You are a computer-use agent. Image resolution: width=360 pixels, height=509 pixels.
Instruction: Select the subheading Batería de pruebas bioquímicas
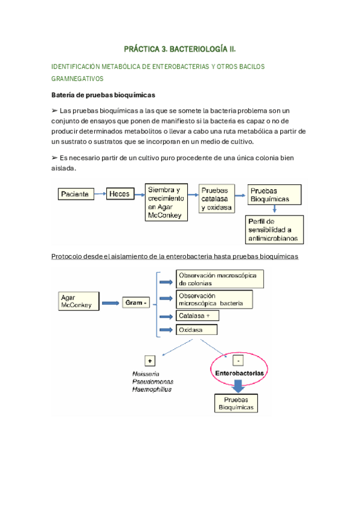coord(103,95)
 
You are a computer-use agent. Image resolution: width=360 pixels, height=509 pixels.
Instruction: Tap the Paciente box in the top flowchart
coord(77,194)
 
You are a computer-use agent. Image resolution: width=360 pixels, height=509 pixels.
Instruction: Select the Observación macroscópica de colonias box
coord(220,279)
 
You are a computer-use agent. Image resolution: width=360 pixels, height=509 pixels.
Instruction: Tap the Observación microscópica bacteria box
coord(214,299)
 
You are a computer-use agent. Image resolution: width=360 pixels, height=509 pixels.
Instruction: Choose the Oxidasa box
coord(197,330)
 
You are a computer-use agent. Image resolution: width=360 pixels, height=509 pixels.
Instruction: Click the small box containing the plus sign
coord(149,361)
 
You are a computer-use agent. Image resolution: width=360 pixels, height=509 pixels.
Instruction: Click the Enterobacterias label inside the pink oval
coord(239,373)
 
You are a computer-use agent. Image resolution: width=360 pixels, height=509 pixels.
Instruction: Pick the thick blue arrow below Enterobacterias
coord(238,387)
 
